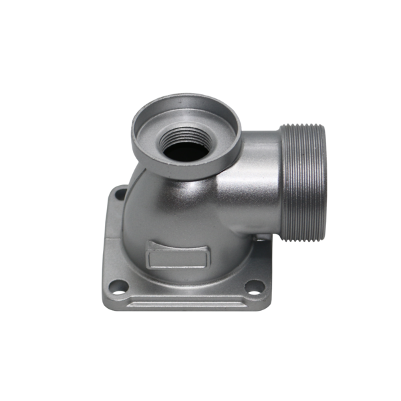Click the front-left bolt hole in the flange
click(x=120, y=289)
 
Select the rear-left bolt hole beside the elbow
click(x=120, y=194)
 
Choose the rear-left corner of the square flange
click(x=112, y=189)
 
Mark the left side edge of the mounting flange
click(x=105, y=247)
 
